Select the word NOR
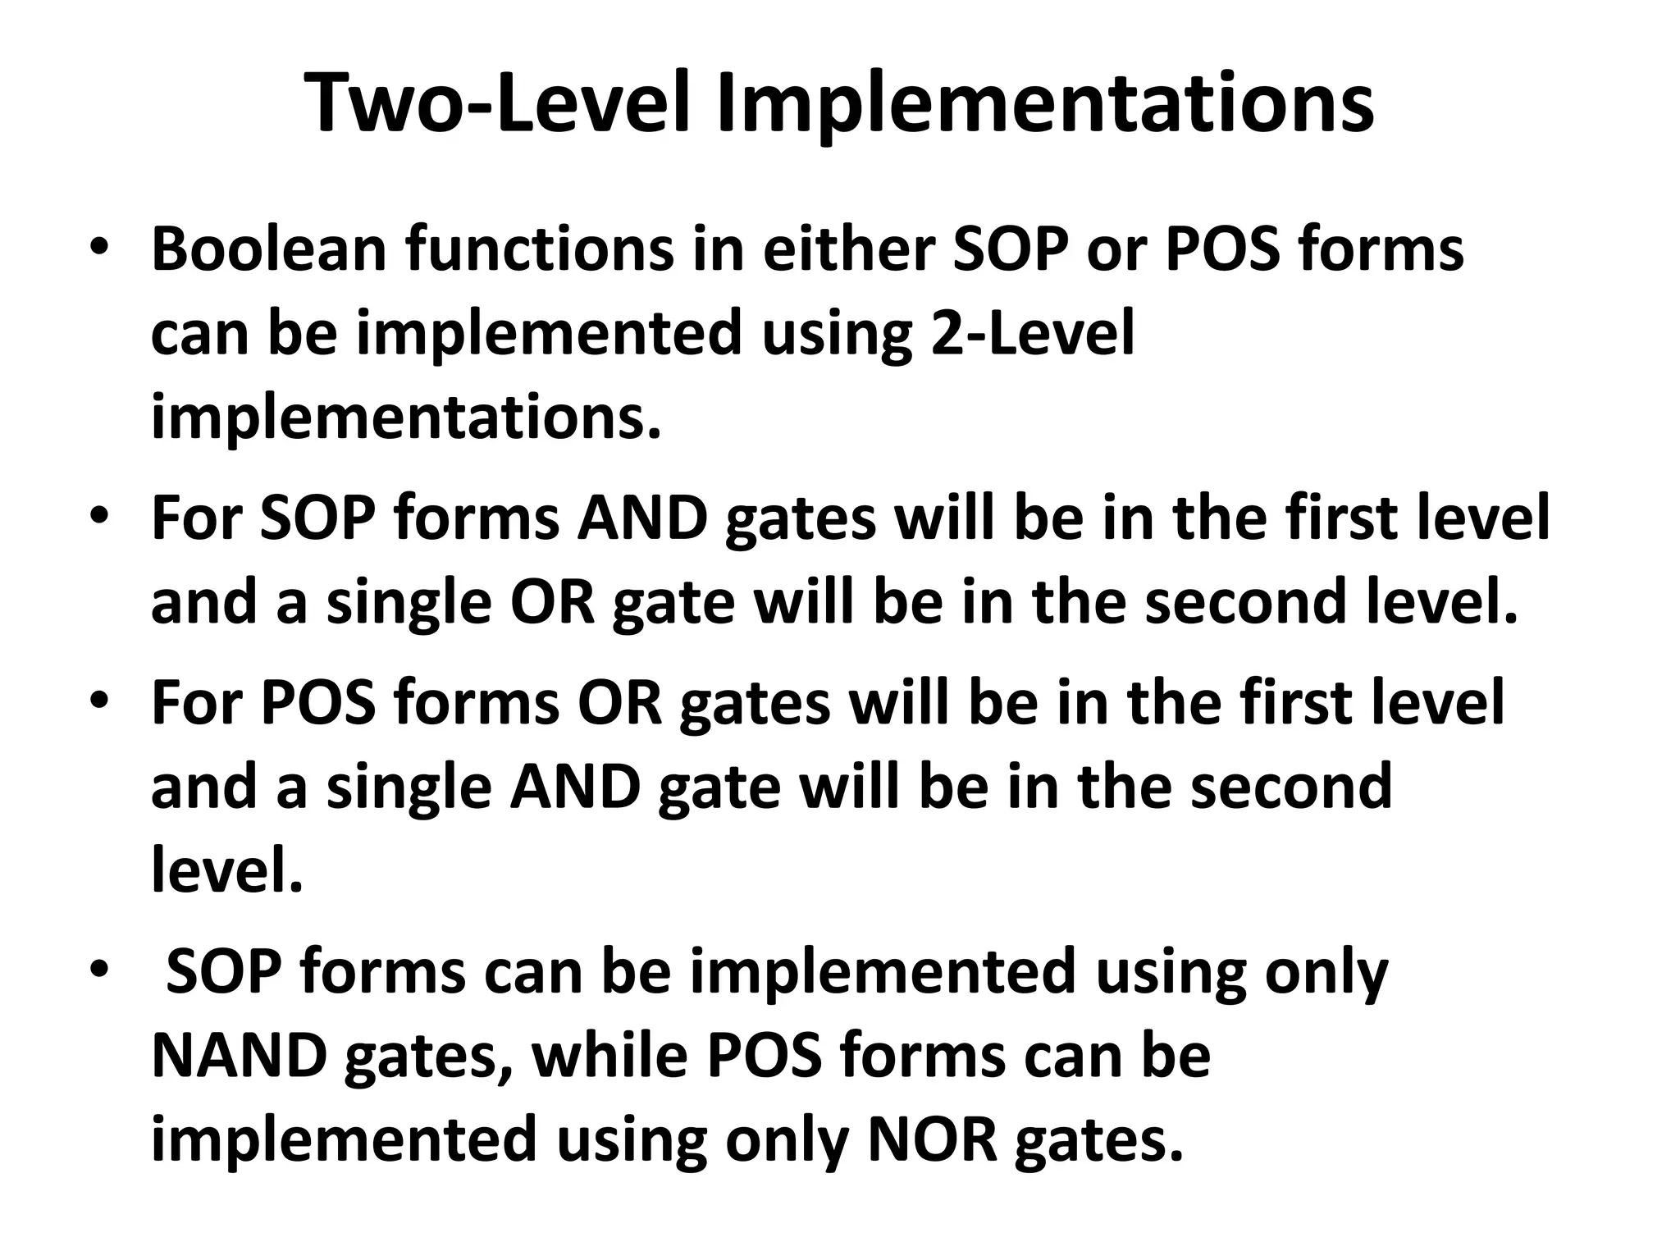[932, 1140]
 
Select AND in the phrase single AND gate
[574, 786]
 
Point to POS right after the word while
[763, 1056]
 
